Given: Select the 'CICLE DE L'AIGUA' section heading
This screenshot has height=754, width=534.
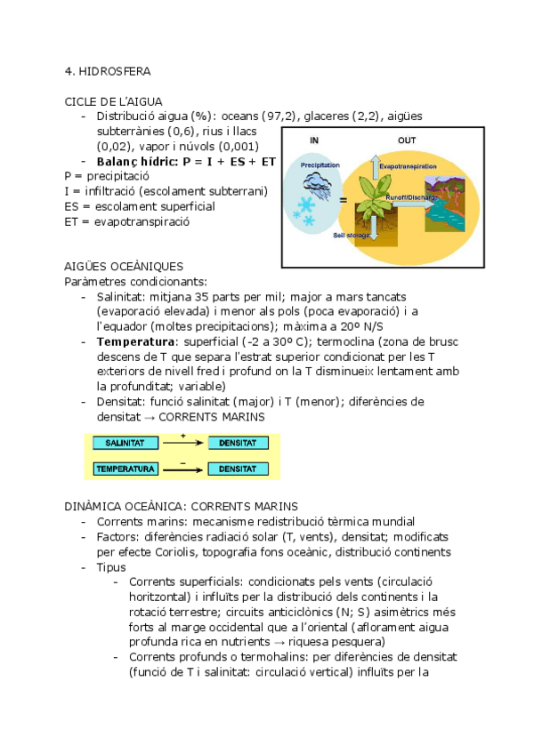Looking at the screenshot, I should click(113, 101).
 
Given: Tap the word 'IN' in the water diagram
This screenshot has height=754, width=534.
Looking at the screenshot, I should click(314, 140).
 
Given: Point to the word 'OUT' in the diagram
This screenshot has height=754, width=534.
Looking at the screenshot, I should click(407, 140).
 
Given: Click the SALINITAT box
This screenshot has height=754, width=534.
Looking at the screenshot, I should click(125, 443).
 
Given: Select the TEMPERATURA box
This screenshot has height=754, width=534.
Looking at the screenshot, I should click(125, 468).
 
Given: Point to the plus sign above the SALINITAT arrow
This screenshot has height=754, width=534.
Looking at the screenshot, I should click(182, 435).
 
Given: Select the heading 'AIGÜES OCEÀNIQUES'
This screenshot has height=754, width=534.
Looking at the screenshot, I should click(125, 267).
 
